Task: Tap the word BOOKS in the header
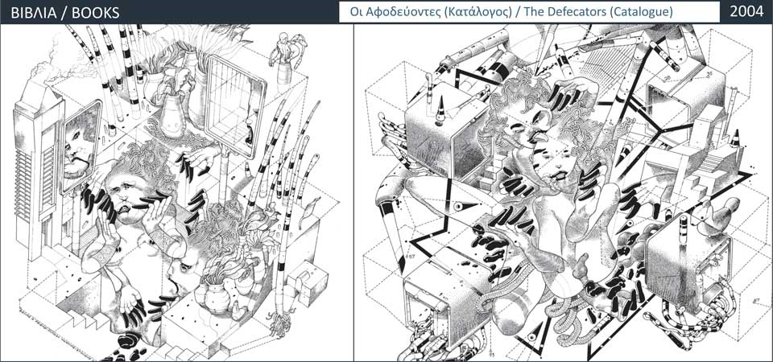pos(96,12)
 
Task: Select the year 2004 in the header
pos(746,12)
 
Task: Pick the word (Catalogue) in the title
pos(642,12)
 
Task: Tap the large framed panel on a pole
pos(236,106)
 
